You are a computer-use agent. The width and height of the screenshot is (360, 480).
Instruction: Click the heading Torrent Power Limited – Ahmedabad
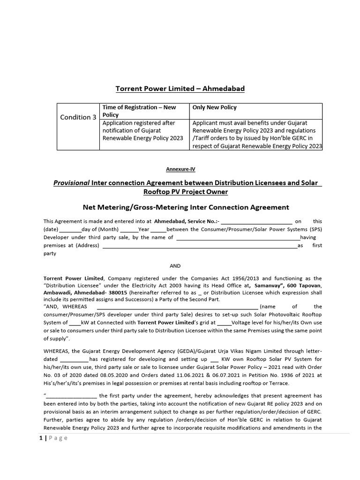point(180,89)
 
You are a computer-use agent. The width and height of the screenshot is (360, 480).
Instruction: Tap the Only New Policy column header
point(215,107)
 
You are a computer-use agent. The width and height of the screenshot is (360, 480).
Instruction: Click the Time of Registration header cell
point(139,111)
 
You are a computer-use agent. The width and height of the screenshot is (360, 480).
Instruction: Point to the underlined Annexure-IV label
point(180,170)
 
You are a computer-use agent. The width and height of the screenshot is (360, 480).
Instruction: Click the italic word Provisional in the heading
point(71,183)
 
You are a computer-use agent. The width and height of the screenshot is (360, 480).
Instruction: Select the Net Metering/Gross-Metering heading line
point(180,207)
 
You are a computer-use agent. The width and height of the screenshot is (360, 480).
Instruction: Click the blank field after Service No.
point(256,221)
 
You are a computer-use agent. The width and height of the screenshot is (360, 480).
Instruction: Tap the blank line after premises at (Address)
point(199,245)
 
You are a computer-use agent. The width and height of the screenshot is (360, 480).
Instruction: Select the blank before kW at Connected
point(75,322)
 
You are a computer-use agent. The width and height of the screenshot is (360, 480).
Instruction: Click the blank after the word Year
point(158,229)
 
